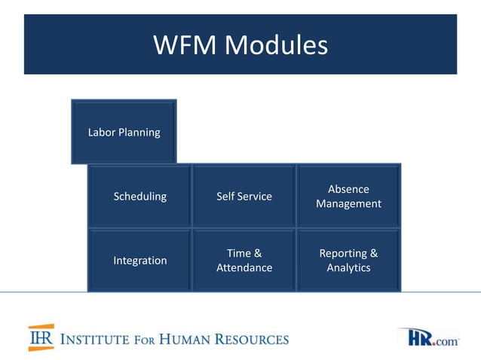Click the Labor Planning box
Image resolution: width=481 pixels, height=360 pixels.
[124, 132]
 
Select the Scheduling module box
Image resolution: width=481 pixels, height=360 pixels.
[139, 196]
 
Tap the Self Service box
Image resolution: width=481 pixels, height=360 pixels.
[244, 196]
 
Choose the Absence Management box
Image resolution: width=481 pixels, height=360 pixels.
[348, 196]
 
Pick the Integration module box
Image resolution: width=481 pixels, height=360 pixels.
[139, 260]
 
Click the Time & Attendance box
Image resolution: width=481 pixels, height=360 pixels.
[244, 260]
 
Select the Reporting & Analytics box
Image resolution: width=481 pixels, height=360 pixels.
[348, 260]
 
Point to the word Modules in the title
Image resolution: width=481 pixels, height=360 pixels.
[276, 45]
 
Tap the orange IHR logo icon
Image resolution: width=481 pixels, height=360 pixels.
[41, 337]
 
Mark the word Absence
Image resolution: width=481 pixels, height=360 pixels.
[348, 189]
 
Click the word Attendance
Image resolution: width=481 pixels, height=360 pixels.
[244, 267]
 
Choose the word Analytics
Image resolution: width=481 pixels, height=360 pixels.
[348, 267]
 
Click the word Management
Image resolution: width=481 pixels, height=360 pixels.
[348, 203]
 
